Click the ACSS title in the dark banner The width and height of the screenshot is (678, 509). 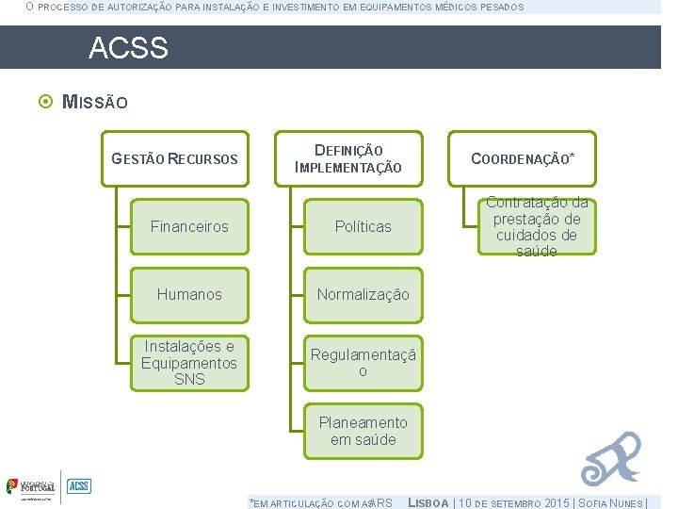(128, 48)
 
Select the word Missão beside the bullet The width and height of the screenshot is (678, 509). (94, 102)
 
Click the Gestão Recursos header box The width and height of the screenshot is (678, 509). (175, 158)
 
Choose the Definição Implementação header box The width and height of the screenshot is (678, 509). (348, 158)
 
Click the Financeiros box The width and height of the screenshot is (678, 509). (189, 226)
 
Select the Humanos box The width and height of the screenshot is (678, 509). (189, 294)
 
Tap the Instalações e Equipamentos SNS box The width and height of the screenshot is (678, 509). (189, 363)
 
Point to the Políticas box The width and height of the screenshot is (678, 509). (363, 226)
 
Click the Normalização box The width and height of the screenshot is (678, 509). (363, 294)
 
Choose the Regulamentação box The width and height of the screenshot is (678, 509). (363, 363)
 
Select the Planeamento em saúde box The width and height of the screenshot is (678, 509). (363, 431)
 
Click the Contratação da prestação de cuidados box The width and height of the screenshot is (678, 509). (537, 226)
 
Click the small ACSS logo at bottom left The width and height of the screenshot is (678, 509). (79, 486)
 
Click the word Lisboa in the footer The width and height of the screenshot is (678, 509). (428, 502)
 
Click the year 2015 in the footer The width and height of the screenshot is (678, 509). (556, 502)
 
